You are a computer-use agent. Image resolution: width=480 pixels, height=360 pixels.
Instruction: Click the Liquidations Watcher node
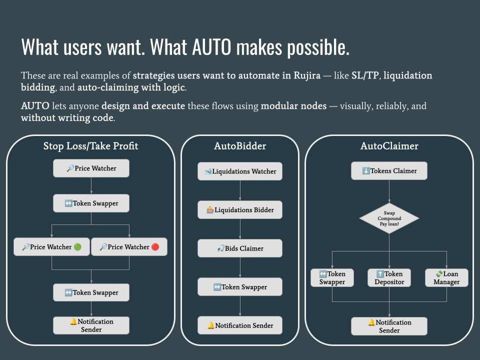click(x=240, y=171)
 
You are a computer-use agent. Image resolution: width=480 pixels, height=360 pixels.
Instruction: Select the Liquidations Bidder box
click(x=240, y=210)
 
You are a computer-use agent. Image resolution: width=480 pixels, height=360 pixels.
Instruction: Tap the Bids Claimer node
click(x=240, y=248)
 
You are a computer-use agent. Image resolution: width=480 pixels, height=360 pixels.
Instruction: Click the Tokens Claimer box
click(x=389, y=171)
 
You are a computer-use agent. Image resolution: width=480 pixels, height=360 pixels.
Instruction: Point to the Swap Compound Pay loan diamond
click(x=389, y=218)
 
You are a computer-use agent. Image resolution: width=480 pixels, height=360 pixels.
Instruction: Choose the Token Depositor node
click(x=389, y=277)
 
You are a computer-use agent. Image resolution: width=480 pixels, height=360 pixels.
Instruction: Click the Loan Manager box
click(x=446, y=277)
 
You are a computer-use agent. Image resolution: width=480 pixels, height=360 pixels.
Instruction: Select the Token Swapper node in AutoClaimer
click(x=332, y=277)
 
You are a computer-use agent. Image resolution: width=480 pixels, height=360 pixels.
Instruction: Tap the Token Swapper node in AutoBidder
click(x=240, y=287)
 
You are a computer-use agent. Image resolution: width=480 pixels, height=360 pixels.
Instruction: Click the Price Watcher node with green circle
click(x=51, y=247)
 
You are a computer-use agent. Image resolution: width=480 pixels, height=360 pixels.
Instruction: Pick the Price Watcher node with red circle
click(x=129, y=247)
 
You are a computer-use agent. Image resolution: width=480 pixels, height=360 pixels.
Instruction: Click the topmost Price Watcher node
click(x=91, y=168)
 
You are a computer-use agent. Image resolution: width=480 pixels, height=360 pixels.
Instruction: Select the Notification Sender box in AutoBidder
click(x=240, y=325)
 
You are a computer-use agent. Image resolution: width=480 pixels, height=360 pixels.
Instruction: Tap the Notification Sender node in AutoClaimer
click(x=389, y=326)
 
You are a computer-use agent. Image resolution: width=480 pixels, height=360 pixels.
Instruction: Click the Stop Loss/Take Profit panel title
click(x=90, y=146)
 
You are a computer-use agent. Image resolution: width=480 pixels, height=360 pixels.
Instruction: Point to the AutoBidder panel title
click(x=240, y=146)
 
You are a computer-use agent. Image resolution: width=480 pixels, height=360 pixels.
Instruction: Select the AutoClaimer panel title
click(x=389, y=146)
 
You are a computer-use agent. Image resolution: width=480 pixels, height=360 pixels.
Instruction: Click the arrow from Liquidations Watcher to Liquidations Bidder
click(x=240, y=190)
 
